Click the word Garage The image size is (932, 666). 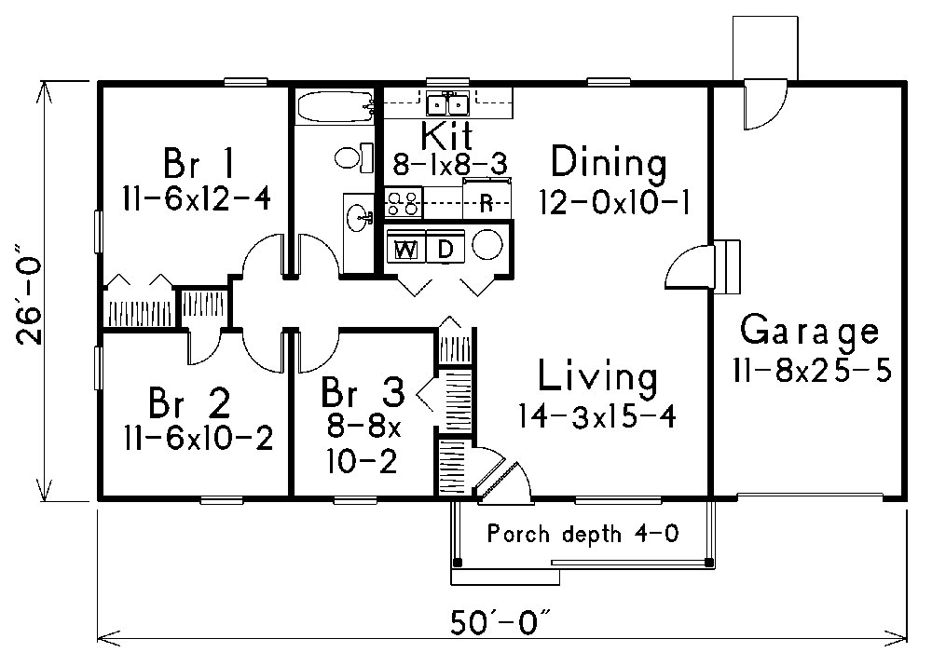click(809, 331)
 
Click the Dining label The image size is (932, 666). click(609, 164)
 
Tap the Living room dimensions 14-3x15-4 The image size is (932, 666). click(596, 416)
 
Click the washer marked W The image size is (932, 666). click(405, 249)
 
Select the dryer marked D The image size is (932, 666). click(445, 249)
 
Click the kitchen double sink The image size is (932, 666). click(447, 102)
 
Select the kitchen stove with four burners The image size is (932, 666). click(404, 201)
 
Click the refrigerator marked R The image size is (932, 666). click(486, 203)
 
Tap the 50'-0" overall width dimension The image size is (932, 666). click(502, 618)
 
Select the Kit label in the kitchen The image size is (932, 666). click(447, 135)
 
